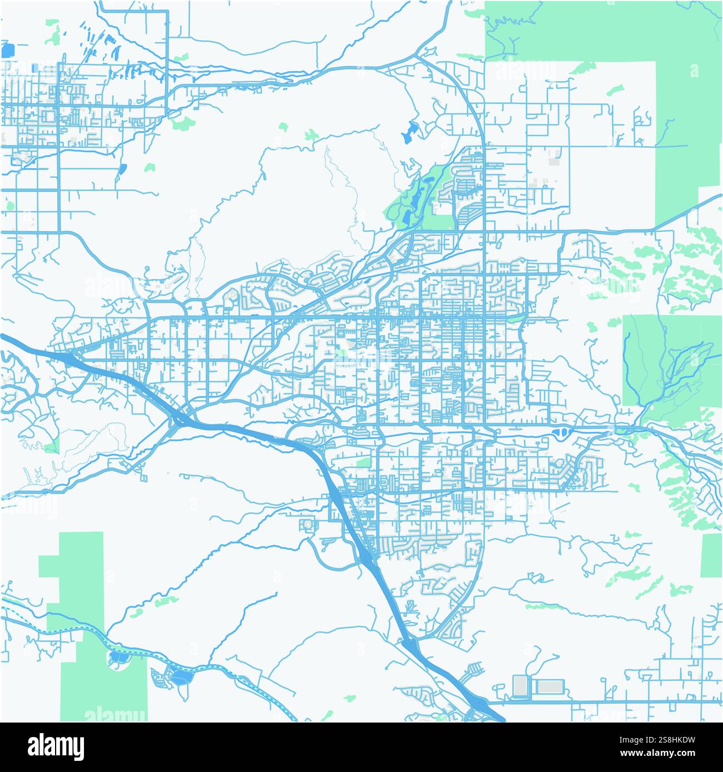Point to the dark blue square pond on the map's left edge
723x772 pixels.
pyautogui.click(x=8, y=51)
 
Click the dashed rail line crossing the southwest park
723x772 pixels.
pyautogui.click(x=78, y=628)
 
